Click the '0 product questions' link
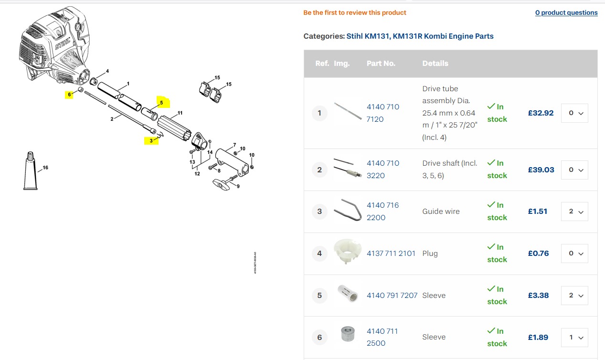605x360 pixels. click(566, 13)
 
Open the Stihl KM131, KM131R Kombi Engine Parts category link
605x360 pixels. click(420, 36)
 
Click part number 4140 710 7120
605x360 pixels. click(382, 113)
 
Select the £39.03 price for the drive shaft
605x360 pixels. click(541, 169)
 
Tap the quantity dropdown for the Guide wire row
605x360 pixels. click(574, 212)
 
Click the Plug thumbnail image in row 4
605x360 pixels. click(347, 253)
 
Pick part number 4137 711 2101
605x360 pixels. click(391, 253)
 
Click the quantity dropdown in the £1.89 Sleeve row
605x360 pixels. click(574, 337)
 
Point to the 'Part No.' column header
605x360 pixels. click(381, 64)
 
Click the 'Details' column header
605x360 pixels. click(435, 64)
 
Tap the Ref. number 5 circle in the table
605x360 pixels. click(319, 296)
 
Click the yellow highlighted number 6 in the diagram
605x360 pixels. click(70, 95)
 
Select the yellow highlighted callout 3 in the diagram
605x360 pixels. click(151, 140)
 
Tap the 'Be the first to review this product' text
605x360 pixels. click(355, 13)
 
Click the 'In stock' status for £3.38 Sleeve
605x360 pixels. click(497, 295)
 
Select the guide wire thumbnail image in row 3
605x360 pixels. click(347, 211)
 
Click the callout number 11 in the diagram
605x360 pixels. click(180, 113)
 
